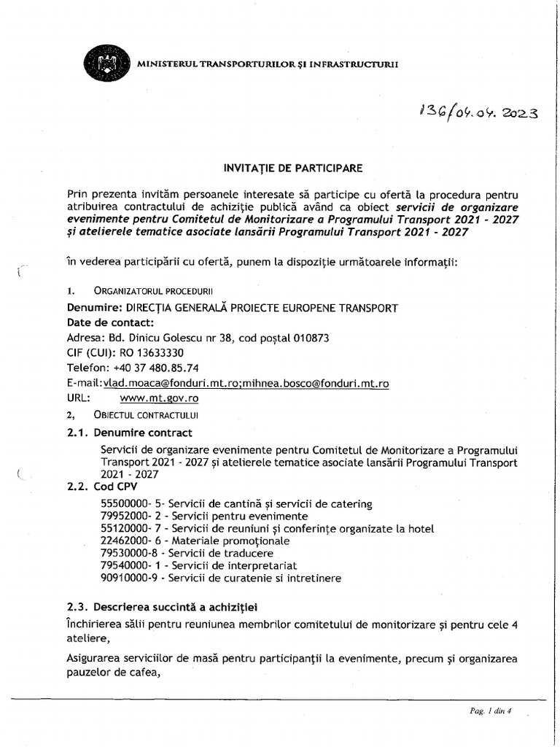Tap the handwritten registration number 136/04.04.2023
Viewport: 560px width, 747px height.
[478, 112]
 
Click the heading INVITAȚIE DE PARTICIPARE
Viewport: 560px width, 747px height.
[292, 168]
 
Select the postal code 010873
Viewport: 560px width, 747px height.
[311, 338]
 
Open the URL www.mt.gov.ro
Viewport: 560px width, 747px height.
[159, 398]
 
